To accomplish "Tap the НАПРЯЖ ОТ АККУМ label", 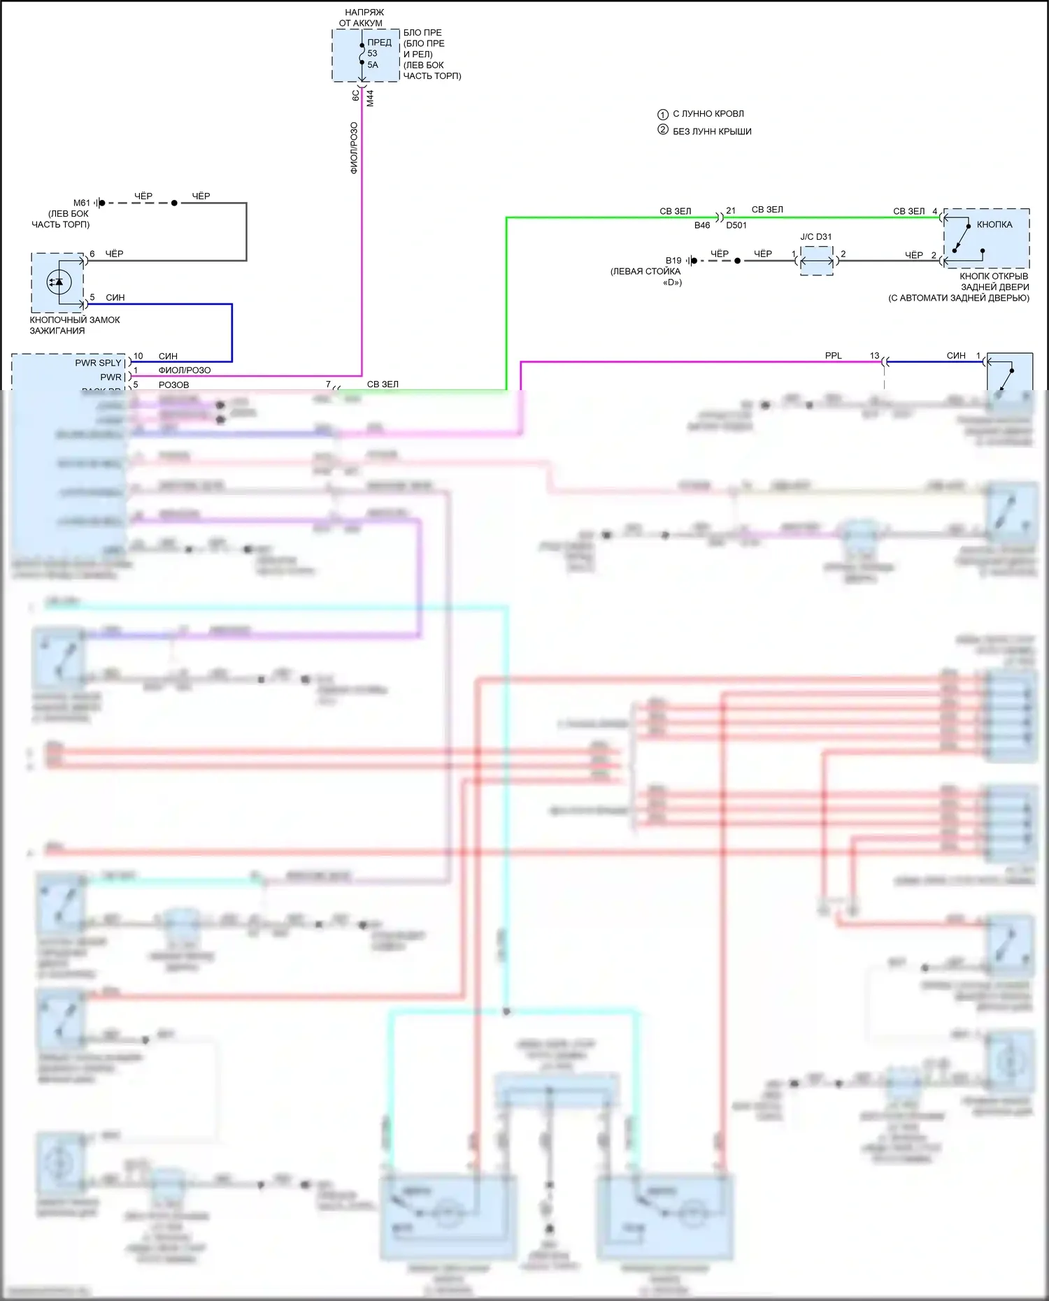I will pyautogui.click(x=362, y=17).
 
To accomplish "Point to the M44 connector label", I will pyautogui.click(x=370, y=98).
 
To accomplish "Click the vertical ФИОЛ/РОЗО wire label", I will pyautogui.click(x=354, y=148).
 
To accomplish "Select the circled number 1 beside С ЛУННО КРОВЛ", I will pyautogui.click(x=663, y=114).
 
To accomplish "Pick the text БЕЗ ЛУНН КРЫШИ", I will pyautogui.click(x=712, y=131).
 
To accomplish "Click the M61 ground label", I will pyautogui.click(x=82, y=203).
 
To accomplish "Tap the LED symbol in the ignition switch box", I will pyautogui.click(x=58, y=282).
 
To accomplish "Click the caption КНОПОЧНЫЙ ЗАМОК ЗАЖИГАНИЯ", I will pyautogui.click(x=74, y=325).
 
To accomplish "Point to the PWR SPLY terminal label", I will pyautogui.click(x=98, y=363).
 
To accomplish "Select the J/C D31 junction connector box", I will pyautogui.click(x=816, y=261).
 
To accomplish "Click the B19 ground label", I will pyautogui.click(x=673, y=261).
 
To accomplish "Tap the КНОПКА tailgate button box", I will pyautogui.click(x=986, y=238).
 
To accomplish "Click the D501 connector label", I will pyautogui.click(x=736, y=225).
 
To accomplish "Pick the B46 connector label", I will pyautogui.click(x=702, y=225).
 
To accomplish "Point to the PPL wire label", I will pyautogui.click(x=833, y=356).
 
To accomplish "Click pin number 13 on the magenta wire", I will pyautogui.click(x=874, y=356).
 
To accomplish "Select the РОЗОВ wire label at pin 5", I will pyautogui.click(x=173, y=384).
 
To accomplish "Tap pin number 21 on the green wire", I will pyautogui.click(x=731, y=210).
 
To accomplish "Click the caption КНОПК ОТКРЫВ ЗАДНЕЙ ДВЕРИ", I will pyautogui.click(x=994, y=282).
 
